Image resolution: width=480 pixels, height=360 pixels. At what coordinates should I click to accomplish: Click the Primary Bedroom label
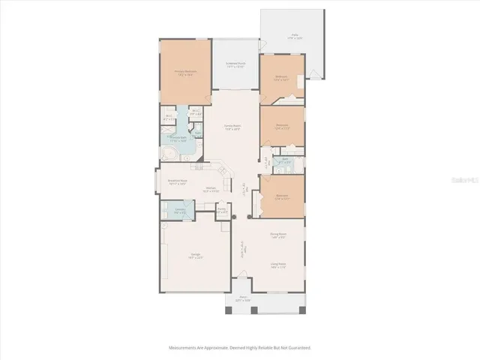(185, 73)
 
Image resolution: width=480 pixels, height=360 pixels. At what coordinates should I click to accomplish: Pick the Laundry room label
(180, 211)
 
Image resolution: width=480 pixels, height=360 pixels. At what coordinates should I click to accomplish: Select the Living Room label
(279, 263)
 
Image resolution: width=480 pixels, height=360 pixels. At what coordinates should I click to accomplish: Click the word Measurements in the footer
(184, 348)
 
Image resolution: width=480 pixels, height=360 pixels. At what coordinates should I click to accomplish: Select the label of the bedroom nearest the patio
(281, 77)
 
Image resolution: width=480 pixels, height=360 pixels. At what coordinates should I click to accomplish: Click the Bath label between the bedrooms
(286, 160)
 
